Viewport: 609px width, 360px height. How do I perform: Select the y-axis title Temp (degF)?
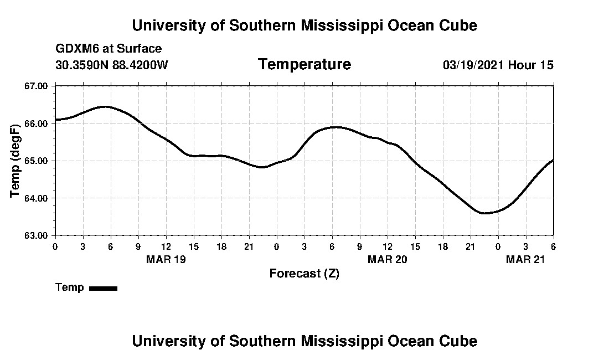pos(16,161)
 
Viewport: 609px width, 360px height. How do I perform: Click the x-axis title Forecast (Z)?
pos(304,274)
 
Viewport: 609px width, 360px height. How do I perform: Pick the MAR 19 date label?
pos(166,259)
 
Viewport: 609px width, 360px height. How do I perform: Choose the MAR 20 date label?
pos(387,259)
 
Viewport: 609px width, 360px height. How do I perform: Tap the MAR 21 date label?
pos(525,259)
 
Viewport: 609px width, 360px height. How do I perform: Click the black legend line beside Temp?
pos(104,288)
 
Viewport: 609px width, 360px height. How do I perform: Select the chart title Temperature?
pos(304,65)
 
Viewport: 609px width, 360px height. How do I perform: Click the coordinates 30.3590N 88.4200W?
pos(112,65)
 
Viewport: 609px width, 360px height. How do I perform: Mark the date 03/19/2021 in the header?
pos(473,65)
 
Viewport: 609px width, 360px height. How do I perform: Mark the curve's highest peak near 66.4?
pos(106,107)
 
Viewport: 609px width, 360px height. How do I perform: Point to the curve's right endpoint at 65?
pos(553,160)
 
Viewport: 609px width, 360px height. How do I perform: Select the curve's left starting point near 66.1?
pos(56,119)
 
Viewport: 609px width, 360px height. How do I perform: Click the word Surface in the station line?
pos(143,49)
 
